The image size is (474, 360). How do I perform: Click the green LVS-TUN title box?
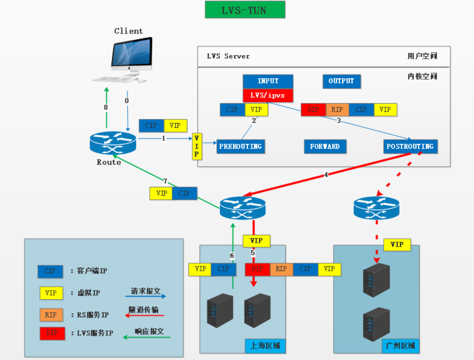coord(245,10)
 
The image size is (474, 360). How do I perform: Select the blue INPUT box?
coord(268,81)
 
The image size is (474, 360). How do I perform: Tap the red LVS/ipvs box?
coord(268,95)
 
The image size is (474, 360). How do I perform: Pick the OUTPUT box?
coord(341,81)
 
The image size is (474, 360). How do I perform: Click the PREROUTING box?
coord(241,146)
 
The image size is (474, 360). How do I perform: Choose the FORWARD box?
coord(325,146)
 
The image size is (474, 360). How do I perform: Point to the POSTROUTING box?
coord(410,146)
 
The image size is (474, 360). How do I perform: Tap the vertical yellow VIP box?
coord(196,146)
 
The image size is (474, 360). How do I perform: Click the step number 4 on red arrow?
coord(326,174)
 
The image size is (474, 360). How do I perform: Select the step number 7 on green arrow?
coord(165,181)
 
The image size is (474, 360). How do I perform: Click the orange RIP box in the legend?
coord(50,315)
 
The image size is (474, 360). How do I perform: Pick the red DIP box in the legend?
coord(50,333)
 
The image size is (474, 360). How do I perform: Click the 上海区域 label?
coord(265,346)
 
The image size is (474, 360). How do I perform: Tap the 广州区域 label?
coord(400,346)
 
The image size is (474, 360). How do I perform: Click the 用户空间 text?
coord(422,56)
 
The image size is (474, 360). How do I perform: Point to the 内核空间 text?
coord(422,76)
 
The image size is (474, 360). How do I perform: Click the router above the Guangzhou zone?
coord(376,208)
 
